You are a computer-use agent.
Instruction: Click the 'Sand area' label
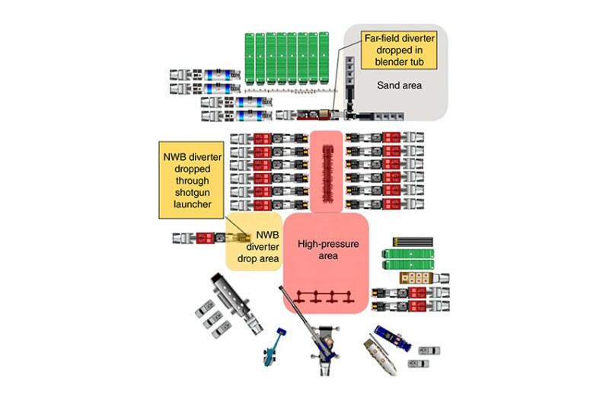pos(399,86)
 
